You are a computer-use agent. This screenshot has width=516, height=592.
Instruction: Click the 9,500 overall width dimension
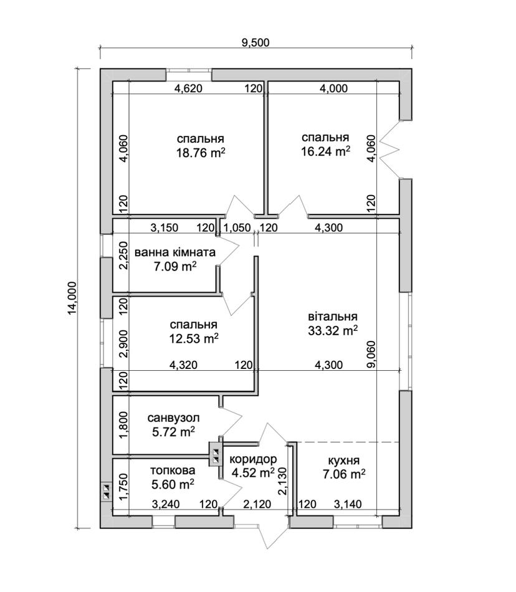pyautogui.click(x=256, y=42)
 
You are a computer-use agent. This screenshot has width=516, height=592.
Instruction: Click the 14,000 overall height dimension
pyautogui.click(x=72, y=298)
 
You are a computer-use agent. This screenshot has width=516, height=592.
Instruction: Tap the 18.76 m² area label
pyautogui.click(x=201, y=153)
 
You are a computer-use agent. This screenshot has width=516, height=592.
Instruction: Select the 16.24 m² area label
pyautogui.click(x=325, y=151)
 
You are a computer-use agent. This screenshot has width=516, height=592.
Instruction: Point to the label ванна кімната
pyautogui.click(x=174, y=252)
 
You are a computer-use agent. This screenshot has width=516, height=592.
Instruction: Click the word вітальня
pyautogui.click(x=333, y=317)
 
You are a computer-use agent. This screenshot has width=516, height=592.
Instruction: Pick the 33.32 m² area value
pyautogui.click(x=333, y=331)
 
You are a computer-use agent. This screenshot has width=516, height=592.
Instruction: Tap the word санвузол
pyautogui.click(x=173, y=418)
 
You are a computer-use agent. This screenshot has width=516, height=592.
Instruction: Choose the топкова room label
pyautogui.click(x=173, y=470)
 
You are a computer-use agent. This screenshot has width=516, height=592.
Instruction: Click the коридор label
pyautogui.click(x=253, y=459)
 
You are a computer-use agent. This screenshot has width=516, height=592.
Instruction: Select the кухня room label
pyautogui.click(x=343, y=461)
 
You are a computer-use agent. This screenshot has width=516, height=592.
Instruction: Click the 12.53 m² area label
pyautogui.click(x=194, y=338)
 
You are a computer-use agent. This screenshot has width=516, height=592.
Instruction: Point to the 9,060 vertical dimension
pyautogui.click(x=371, y=354)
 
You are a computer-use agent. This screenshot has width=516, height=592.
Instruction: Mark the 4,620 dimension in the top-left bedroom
pyautogui.click(x=188, y=88)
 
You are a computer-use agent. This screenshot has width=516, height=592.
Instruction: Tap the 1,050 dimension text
pyautogui.click(x=237, y=227)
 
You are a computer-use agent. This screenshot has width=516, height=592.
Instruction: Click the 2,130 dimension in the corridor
pyautogui.click(x=282, y=480)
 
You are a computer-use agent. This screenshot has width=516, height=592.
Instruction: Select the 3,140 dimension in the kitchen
pyautogui.click(x=348, y=504)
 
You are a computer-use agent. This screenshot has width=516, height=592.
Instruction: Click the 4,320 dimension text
pyautogui.click(x=183, y=365)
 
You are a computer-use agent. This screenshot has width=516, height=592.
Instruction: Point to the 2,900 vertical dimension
pyautogui.click(x=123, y=343)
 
